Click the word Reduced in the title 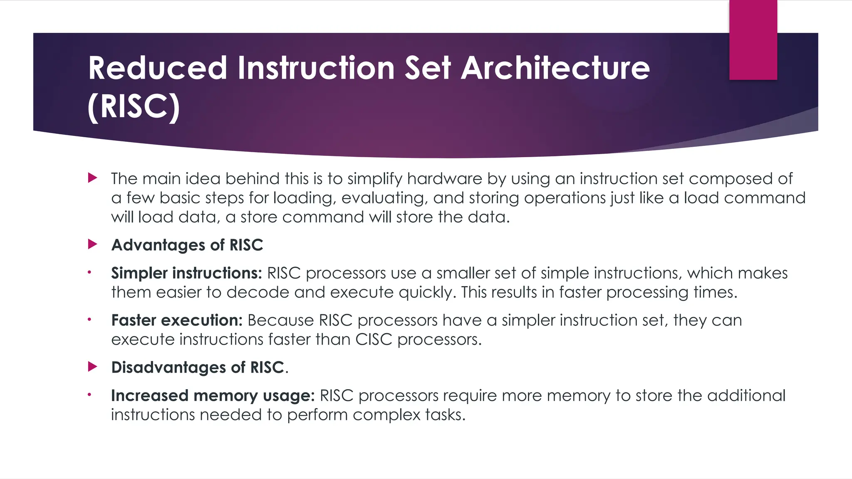pyautogui.click(x=157, y=68)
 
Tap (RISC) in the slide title pyautogui.click(x=134, y=107)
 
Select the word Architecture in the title pyautogui.click(x=555, y=68)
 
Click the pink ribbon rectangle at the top pyautogui.click(x=753, y=40)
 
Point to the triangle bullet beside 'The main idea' pyautogui.click(x=92, y=178)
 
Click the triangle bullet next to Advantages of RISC pyautogui.click(x=92, y=244)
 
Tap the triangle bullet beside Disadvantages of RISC pyautogui.click(x=92, y=367)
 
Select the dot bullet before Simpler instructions pyautogui.click(x=89, y=273)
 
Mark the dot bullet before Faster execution pyautogui.click(x=89, y=320)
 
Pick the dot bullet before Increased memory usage pyautogui.click(x=89, y=395)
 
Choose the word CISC pyautogui.click(x=374, y=339)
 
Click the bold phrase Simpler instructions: pyautogui.click(x=186, y=273)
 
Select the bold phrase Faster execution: pyautogui.click(x=177, y=320)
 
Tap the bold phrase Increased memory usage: pyautogui.click(x=213, y=395)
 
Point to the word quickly pyautogui.click(x=427, y=293)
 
